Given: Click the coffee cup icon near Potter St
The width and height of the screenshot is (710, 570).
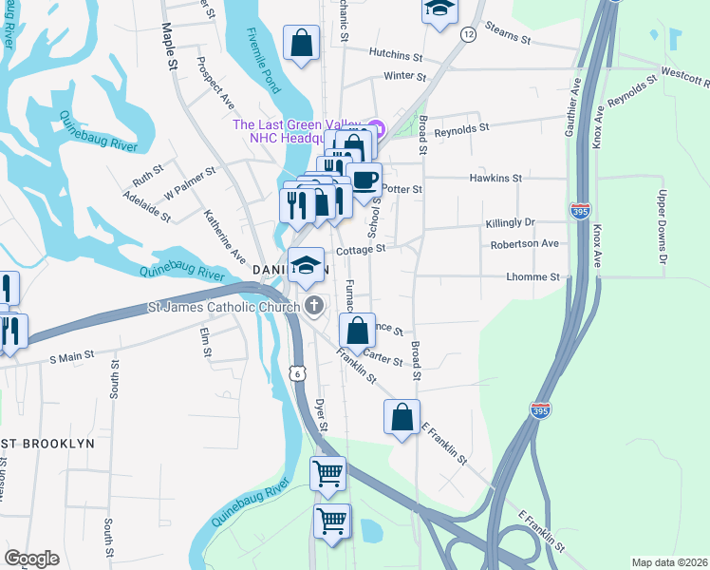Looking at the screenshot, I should pyautogui.click(x=364, y=180).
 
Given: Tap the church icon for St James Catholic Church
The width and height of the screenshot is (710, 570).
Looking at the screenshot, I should pyautogui.click(x=314, y=305).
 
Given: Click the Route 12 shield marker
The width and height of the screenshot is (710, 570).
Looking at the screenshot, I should pyautogui.click(x=468, y=33).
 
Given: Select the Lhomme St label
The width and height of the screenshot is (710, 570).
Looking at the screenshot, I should pyautogui.click(x=534, y=276).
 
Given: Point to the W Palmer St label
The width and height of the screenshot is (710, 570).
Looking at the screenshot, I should pyautogui.click(x=190, y=182).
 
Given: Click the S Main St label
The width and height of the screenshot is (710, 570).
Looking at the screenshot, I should pyautogui.click(x=72, y=358).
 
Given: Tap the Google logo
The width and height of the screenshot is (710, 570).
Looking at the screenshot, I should pyautogui.click(x=31, y=559).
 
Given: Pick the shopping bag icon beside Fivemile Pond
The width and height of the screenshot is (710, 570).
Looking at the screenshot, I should pyautogui.click(x=302, y=44).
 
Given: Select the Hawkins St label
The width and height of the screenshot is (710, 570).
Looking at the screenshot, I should pyautogui.click(x=496, y=178).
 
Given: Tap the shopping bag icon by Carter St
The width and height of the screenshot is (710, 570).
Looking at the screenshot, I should pyautogui.click(x=357, y=332).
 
